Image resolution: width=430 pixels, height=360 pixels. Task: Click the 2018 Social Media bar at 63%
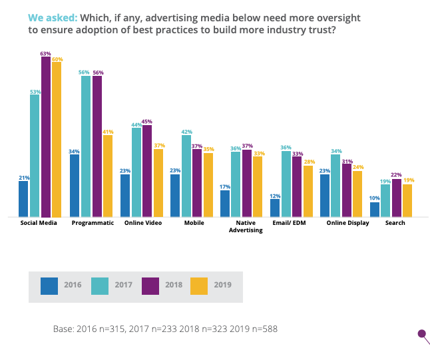click(45, 136)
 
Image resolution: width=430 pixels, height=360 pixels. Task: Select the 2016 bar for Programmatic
click(74, 186)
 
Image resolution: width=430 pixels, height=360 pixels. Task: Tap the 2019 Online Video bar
click(158, 182)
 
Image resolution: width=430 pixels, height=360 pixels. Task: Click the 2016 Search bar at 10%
click(375, 209)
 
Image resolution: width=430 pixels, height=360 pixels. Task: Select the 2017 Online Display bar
click(336, 186)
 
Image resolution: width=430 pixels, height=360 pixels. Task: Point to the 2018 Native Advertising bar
click(247, 183)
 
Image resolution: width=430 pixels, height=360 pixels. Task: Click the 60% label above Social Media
click(57, 60)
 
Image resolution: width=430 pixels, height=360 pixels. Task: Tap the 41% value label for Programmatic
click(108, 132)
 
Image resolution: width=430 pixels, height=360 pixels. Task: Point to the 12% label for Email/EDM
click(274, 195)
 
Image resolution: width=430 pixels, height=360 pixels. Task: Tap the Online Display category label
click(347, 223)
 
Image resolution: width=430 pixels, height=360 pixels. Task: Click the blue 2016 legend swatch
click(49, 285)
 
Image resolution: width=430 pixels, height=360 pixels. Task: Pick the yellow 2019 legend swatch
click(199, 285)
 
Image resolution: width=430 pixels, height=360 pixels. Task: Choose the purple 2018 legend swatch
click(150, 285)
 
